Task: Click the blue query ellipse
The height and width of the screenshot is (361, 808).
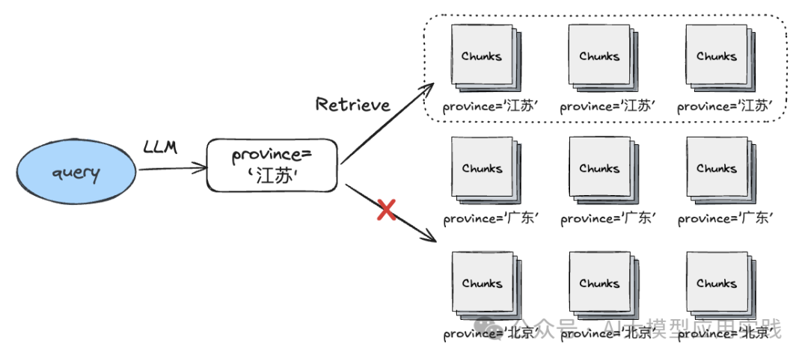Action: point(77,173)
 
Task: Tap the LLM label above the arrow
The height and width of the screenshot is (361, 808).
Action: point(160,148)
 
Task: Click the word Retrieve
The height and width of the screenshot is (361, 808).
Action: point(352,105)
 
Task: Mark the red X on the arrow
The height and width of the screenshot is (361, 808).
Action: point(386,210)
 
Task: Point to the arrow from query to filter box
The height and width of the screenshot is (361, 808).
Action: point(172,169)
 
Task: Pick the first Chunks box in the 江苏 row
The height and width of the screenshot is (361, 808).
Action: point(482,56)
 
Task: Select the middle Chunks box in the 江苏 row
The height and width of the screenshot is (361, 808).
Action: point(599,56)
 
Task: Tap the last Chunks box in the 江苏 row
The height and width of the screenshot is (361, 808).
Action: point(717,56)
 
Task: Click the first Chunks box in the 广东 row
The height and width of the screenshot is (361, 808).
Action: point(482,168)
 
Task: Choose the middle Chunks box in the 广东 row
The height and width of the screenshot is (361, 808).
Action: point(599,168)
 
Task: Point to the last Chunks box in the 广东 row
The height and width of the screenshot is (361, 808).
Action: point(717,168)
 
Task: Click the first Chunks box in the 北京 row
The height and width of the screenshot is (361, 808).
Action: point(482,283)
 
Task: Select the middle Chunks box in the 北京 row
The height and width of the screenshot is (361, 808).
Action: point(599,283)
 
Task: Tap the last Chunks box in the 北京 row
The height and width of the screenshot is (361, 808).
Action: point(717,283)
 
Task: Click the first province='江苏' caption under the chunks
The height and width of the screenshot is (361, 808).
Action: point(490,106)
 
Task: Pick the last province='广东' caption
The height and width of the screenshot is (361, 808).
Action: point(725,219)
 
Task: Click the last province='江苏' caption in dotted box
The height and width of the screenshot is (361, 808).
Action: point(725,106)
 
